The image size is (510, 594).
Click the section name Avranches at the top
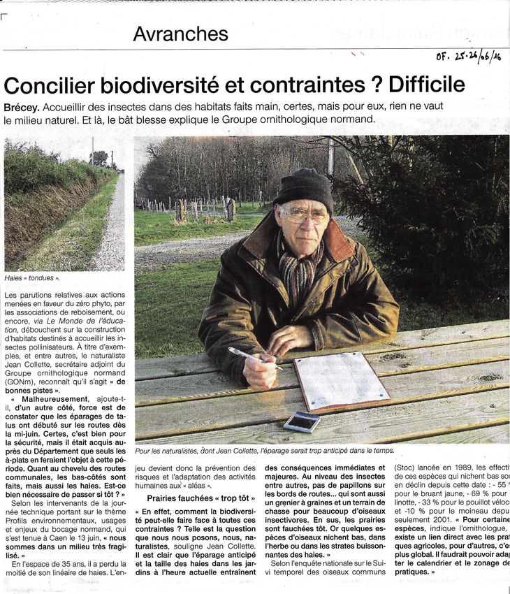180,33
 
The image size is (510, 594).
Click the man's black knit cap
303,187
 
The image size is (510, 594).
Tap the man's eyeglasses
304,217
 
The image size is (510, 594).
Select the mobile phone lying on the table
302,421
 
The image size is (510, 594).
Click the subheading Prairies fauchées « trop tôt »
201,498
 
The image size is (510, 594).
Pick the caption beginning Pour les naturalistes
265,451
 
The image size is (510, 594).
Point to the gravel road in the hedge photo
112,231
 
